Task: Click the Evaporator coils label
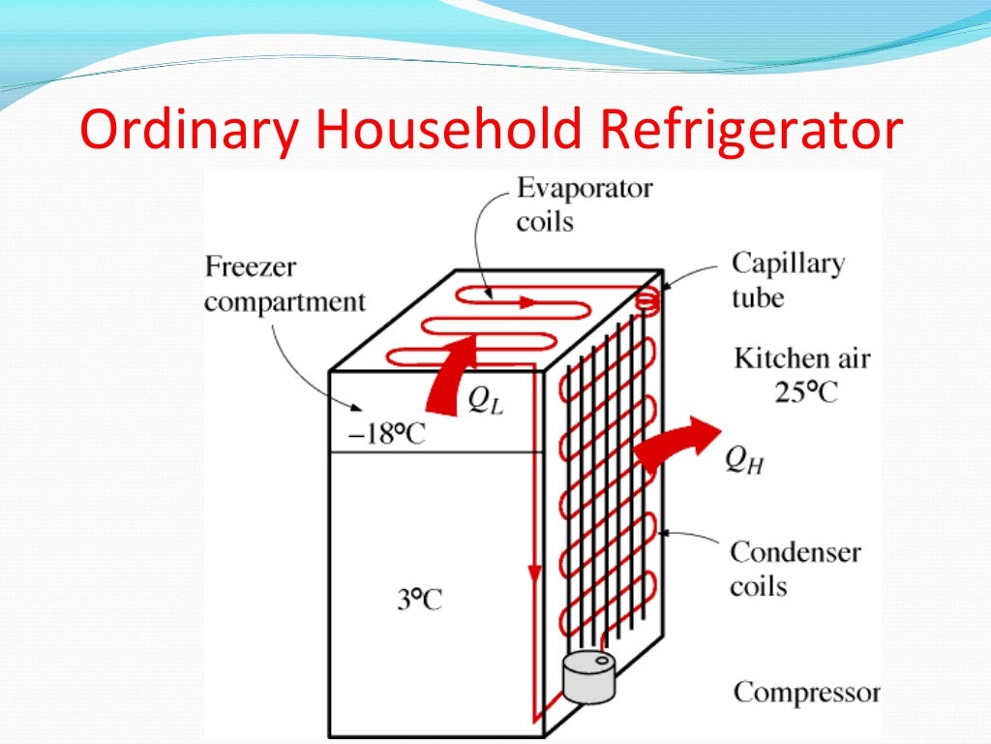coord(584,203)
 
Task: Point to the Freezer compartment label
coord(285,284)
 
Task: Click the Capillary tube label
coord(788,280)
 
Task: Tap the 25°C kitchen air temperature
coord(804,392)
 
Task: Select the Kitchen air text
coord(802,358)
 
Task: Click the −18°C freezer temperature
coord(387,434)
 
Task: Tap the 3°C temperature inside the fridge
coord(418,600)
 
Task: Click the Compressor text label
coord(806,693)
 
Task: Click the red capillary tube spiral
coord(648,301)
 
